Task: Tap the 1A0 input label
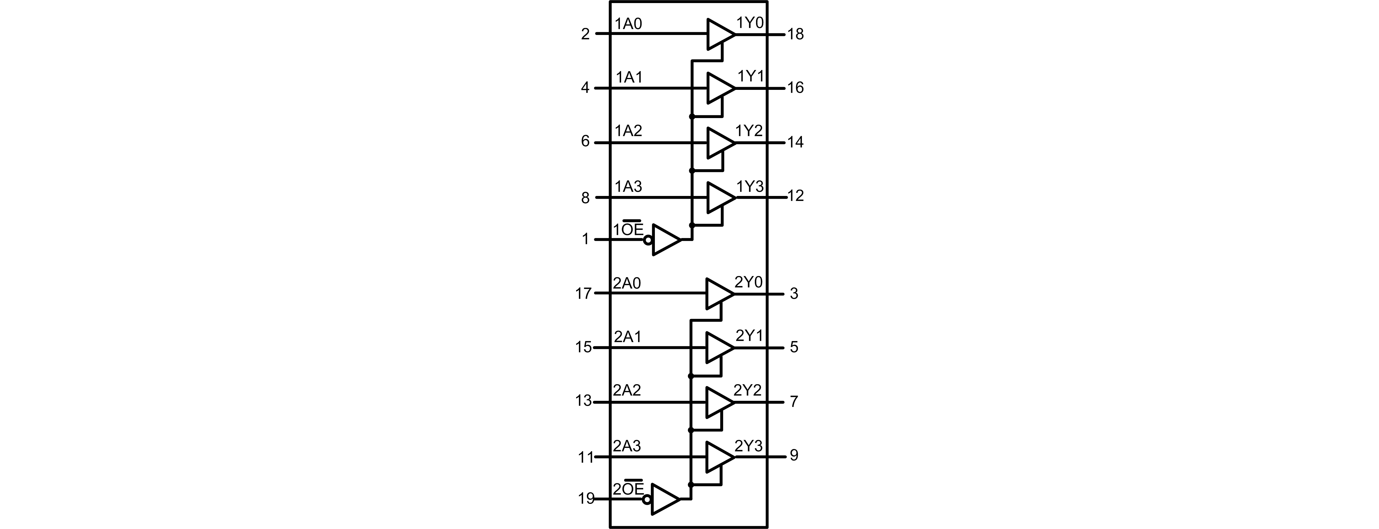(x=629, y=24)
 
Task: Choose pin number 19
(x=586, y=499)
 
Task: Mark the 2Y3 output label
(x=748, y=446)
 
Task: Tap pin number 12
(x=796, y=196)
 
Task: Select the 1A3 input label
(x=629, y=186)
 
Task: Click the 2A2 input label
(x=627, y=390)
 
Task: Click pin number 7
(x=794, y=401)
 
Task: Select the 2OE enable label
(x=629, y=489)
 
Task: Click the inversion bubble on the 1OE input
(x=648, y=240)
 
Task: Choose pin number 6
(x=585, y=141)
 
